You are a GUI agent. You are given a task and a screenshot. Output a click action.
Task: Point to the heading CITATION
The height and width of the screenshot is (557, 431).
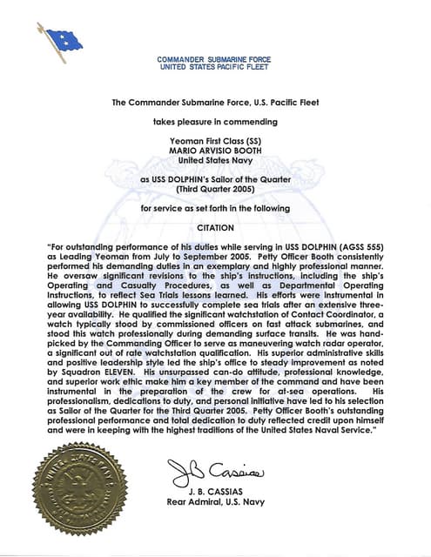tap(216, 230)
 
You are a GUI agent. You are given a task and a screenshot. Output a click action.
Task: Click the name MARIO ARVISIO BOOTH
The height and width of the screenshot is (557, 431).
tap(215, 151)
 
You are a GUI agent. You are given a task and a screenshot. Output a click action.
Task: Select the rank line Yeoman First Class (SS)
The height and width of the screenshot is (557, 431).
tap(215, 141)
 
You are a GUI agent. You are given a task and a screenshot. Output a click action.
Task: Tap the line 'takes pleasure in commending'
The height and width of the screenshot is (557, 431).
tap(215, 122)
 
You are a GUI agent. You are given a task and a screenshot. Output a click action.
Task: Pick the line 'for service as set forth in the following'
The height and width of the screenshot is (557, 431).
tap(215, 210)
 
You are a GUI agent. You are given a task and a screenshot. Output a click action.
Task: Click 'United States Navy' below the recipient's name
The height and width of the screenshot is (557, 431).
tap(215, 160)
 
